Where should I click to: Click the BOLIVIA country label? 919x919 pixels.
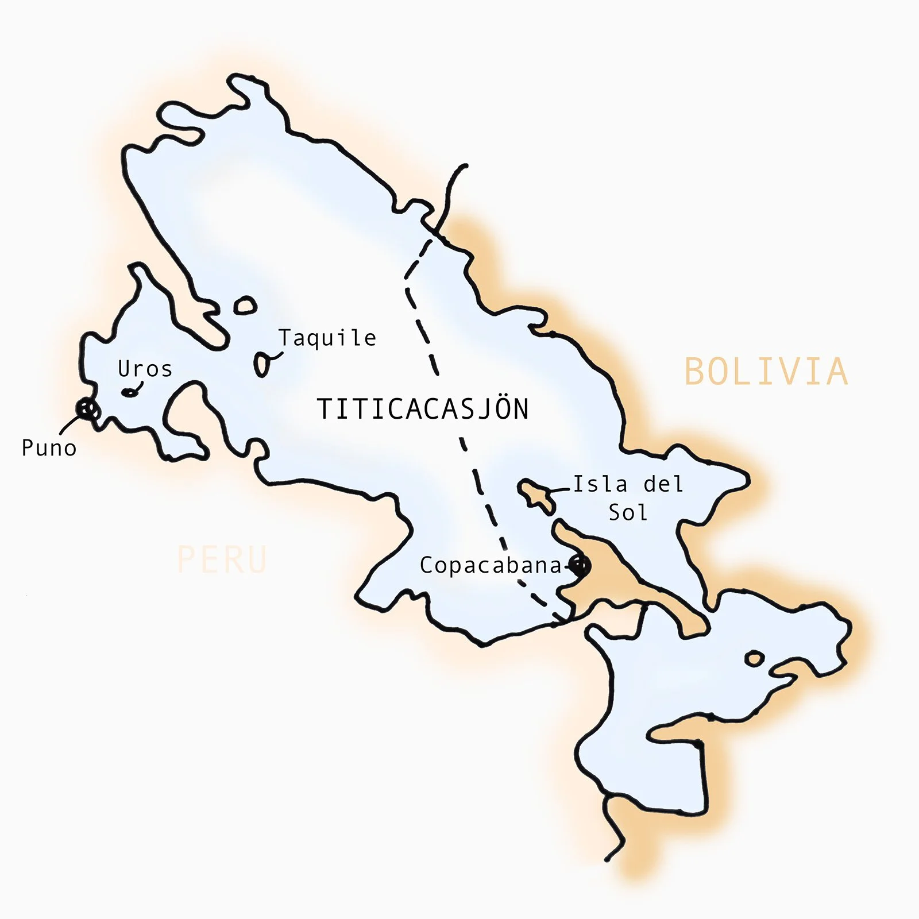(x=766, y=372)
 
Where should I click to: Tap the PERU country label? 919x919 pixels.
(x=222, y=559)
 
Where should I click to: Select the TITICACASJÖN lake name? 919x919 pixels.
(x=423, y=409)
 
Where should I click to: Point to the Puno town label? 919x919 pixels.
(x=49, y=448)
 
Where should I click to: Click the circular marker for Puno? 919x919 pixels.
(x=87, y=409)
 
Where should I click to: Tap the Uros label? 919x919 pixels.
(x=145, y=369)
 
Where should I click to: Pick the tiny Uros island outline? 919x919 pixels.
(x=130, y=393)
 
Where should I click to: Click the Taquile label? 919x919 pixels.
(x=327, y=338)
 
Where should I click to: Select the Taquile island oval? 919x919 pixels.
(x=262, y=364)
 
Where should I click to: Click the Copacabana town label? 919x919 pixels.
(x=491, y=566)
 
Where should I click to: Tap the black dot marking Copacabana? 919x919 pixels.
(x=580, y=566)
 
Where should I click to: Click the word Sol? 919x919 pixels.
(x=628, y=512)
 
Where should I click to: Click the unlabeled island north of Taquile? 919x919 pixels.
(x=245, y=306)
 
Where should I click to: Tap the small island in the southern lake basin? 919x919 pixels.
(x=754, y=658)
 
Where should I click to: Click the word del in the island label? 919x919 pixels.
(x=663, y=484)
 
